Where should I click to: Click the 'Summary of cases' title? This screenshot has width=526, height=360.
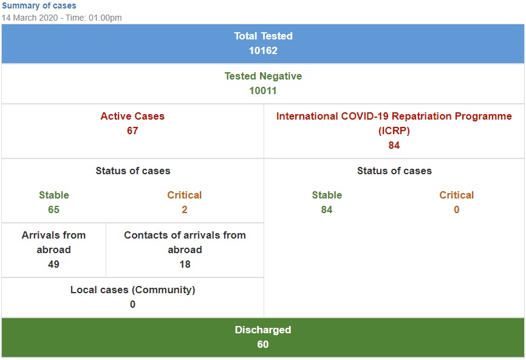39,5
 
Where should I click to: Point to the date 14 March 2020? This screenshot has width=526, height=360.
30,18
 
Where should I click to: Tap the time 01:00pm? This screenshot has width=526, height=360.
105,18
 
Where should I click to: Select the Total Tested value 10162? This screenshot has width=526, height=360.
263,50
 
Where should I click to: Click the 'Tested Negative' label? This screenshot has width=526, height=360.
263,76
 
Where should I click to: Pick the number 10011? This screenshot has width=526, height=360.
263,91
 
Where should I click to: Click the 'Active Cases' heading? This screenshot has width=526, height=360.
132,116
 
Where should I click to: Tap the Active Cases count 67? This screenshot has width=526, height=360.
132,131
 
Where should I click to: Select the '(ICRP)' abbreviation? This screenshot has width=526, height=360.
394,131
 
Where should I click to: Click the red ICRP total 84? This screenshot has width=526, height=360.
394,146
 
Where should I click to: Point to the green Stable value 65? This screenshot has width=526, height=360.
53,210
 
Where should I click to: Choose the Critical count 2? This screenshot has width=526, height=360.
185,210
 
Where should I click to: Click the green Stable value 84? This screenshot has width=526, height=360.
327,210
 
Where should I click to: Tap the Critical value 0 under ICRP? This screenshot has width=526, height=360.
457,210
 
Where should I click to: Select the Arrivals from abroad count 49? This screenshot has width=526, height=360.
53,265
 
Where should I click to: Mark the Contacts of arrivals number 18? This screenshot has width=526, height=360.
185,265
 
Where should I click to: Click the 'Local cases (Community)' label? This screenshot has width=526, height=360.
133,290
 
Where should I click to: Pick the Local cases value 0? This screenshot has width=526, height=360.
133,304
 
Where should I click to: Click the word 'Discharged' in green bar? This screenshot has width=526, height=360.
263,330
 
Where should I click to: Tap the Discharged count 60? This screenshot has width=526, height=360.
263,345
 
